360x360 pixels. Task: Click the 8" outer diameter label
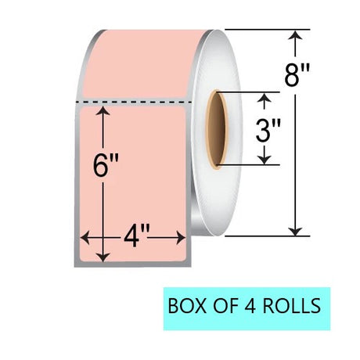pos(297,76)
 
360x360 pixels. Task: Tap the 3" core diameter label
pos(268,130)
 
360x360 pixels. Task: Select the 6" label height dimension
pos(106,165)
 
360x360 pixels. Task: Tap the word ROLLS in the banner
pos(292,306)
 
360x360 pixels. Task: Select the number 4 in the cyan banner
pos(250,306)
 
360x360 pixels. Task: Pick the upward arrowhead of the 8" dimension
pos(295,35)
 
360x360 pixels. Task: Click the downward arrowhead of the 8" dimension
pos(295,231)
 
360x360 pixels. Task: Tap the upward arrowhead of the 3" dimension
pos(265,98)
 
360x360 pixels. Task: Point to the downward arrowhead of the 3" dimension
pos(265,160)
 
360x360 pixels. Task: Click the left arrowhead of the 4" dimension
pos(85,238)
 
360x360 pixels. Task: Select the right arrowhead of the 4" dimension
pos(181,238)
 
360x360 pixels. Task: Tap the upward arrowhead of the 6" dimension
pos(103,111)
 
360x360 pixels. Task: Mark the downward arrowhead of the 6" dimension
pos(103,257)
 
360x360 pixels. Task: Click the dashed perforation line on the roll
pos(134,102)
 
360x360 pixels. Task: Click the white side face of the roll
pos(229,193)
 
